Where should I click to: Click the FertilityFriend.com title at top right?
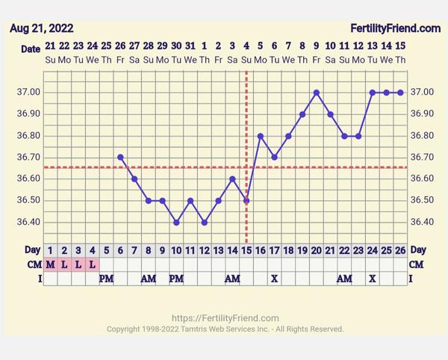396,28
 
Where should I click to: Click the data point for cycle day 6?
120,157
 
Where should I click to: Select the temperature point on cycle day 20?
317,93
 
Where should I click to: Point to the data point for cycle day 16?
261,136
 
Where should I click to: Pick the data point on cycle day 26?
401,93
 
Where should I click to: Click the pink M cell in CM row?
50,264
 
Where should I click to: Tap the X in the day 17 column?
274,278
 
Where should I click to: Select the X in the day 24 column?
373,278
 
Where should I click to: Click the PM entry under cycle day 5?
106,278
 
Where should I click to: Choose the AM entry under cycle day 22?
344,278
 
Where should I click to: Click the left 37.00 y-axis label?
28,93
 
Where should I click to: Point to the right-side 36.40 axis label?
423,222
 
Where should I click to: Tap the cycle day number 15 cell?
246,249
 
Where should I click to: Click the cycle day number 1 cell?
50,249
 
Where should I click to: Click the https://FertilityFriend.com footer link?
225,317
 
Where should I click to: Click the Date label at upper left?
31,49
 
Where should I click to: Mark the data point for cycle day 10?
176,222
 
